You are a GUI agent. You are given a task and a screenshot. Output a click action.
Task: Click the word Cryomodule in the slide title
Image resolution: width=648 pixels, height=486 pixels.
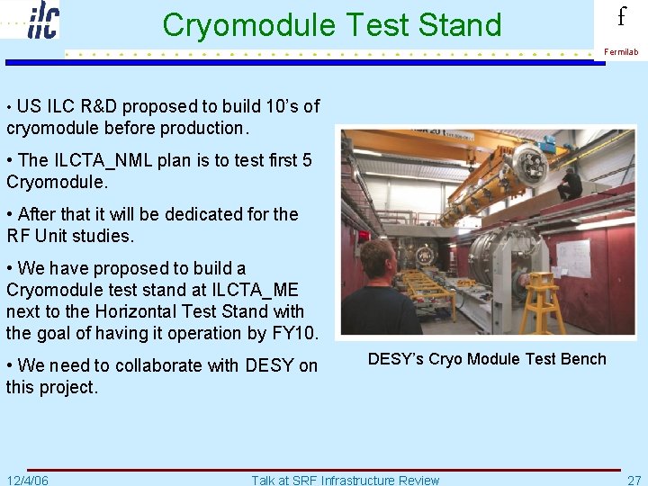tap(240, 25)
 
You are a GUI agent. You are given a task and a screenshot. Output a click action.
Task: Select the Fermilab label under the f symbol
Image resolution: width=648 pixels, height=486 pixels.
tap(621, 52)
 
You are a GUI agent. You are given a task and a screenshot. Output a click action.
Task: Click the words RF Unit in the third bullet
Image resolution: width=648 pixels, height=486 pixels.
tap(35, 236)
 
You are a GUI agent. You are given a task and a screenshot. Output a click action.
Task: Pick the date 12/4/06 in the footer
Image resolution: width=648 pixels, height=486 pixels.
tap(28, 480)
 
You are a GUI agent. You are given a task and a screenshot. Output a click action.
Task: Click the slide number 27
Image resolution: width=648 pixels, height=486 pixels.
tap(634, 480)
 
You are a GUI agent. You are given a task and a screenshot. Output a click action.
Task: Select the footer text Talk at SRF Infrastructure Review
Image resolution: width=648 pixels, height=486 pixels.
tap(346, 480)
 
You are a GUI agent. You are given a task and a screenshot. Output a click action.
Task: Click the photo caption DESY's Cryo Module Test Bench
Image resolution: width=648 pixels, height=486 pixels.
tap(487, 359)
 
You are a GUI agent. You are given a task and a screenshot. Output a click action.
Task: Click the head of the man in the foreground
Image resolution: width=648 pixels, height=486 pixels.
tap(377, 260)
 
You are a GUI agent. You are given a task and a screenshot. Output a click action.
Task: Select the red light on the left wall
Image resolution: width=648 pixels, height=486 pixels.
tap(364, 236)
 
